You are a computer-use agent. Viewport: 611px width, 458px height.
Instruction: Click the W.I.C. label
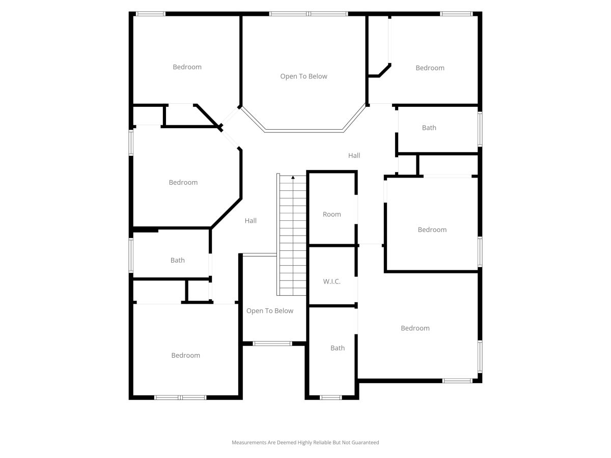tap(331, 281)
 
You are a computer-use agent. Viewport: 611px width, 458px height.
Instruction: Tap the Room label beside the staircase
tap(331, 214)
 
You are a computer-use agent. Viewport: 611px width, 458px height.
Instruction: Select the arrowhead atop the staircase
tap(293, 177)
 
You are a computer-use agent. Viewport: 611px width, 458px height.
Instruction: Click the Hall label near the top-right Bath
tap(354, 155)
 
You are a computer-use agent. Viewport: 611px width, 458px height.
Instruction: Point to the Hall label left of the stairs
tap(251, 220)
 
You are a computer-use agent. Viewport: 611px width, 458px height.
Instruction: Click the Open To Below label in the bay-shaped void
tap(303, 76)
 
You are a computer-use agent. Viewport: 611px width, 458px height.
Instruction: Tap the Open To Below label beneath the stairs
tap(270, 310)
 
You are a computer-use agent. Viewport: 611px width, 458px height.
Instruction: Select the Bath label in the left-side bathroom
tap(177, 260)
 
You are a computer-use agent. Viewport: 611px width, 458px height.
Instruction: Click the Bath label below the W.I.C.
tap(338, 348)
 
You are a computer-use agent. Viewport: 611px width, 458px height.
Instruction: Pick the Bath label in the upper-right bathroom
tap(429, 128)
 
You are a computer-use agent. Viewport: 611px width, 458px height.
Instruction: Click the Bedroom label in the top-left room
tap(187, 67)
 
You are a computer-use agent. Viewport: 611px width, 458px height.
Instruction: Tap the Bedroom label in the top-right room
tap(430, 68)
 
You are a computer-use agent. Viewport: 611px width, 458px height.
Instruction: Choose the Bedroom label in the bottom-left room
tap(186, 355)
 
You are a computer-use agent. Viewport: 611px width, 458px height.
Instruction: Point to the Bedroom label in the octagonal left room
tap(183, 182)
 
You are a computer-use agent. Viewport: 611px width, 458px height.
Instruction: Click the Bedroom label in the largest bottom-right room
tap(415, 328)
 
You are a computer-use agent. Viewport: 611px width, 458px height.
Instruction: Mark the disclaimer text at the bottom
tap(305, 442)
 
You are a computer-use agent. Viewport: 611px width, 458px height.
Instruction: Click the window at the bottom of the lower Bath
tap(330, 397)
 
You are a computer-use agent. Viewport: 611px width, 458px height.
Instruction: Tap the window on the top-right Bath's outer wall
tap(480, 129)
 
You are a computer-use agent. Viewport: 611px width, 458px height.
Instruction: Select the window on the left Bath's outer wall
tap(131, 255)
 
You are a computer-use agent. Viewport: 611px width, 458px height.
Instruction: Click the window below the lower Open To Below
tap(272, 343)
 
